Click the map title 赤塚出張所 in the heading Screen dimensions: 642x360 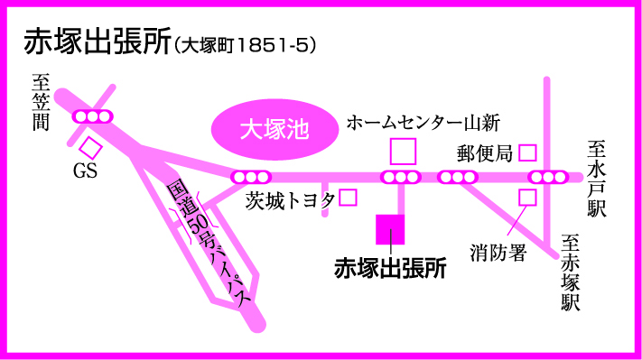(97, 42)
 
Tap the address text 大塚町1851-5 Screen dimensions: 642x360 (246, 45)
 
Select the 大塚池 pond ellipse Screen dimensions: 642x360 (274, 130)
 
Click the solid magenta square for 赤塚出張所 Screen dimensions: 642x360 (390, 229)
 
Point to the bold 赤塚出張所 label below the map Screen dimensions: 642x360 (390, 268)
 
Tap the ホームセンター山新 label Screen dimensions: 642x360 (423, 123)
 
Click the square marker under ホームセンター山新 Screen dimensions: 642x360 (403, 152)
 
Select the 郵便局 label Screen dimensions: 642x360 (485, 153)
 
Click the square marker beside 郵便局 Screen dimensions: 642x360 (527, 153)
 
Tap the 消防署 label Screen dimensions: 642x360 (498, 253)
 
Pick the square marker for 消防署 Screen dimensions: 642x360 (527, 198)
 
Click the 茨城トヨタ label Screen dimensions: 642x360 (290, 201)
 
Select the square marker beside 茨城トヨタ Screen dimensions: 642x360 (348, 198)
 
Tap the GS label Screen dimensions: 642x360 (85, 171)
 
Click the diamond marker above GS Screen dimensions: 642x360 (90, 148)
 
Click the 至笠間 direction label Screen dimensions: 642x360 (41, 102)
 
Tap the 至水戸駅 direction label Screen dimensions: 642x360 (597, 179)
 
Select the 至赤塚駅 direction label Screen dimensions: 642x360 (571, 272)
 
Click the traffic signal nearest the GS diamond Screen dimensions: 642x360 (92, 116)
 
